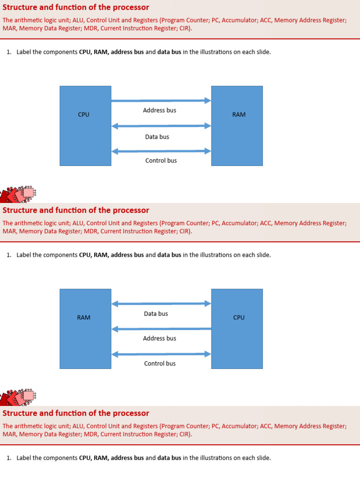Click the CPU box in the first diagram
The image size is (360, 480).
pyautogui.click(x=85, y=126)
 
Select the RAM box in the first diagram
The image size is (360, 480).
pyautogui.click(x=237, y=126)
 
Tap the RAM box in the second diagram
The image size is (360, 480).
pyautogui.click(x=85, y=329)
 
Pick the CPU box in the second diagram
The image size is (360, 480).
pyautogui.click(x=237, y=329)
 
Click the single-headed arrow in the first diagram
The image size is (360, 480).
pyautogui.click(x=161, y=100)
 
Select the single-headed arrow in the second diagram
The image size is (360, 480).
pyautogui.click(x=161, y=329)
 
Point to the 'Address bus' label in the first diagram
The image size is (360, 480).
pyautogui.click(x=159, y=111)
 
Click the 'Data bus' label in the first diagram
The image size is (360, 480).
pyautogui.click(x=157, y=137)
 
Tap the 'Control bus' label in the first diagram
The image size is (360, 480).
pyautogui.click(x=161, y=160)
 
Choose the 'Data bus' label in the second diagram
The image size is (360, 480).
pyautogui.click(x=156, y=314)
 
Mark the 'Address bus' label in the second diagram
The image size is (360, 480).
pyautogui.click(x=159, y=338)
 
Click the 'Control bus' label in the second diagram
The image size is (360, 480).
pyautogui.click(x=160, y=363)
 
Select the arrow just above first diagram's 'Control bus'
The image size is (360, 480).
pyautogui.click(x=161, y=151)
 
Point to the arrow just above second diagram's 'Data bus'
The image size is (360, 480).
pyautogui.click(x=161, y=304)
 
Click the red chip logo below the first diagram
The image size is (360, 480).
pyautogui.click(x=18, y=194)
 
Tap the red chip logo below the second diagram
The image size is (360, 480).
pyautogui.click(x=18, y=397)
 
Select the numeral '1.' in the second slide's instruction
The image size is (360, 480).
pyautogui.click(x=9, y=255)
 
